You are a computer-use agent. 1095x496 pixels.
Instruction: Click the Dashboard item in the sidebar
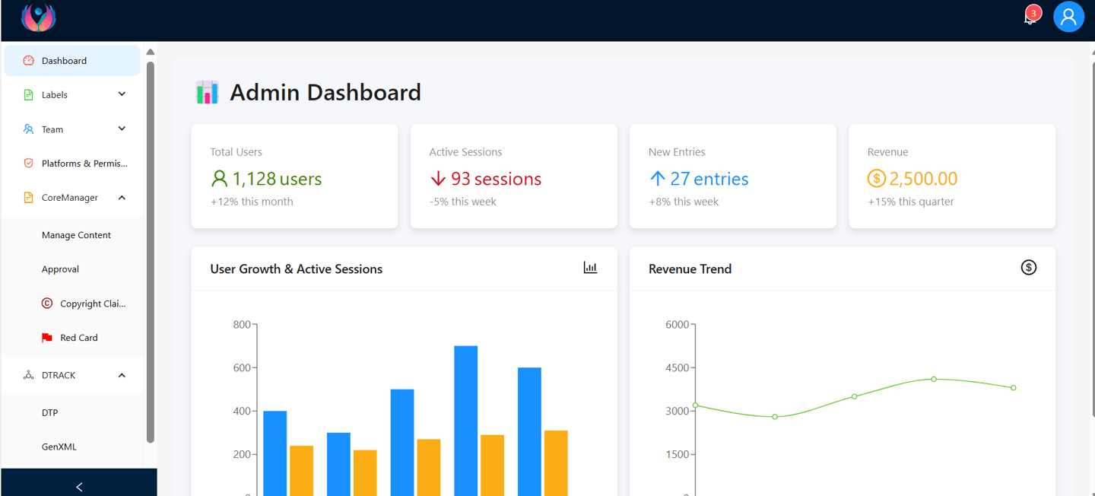[64, 61]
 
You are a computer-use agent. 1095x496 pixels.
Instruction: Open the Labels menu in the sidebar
[55, 95]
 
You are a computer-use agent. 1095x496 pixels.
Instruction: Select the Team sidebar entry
[52, 129]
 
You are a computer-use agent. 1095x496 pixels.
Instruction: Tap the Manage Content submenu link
[76, 235]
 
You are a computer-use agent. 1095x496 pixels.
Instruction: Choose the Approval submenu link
[60, 269]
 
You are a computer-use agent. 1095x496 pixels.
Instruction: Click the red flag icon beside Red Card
[47, 338]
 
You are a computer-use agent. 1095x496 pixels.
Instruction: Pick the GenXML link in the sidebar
[59, 447]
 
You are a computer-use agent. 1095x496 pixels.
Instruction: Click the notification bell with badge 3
[1030, 17]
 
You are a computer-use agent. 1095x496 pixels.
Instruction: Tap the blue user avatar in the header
[1068, 17]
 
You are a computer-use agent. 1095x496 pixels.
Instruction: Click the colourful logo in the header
[38, 17]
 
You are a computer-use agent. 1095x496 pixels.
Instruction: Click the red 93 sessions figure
[496, 179]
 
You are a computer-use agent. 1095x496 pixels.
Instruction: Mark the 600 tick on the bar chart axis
[242, 367]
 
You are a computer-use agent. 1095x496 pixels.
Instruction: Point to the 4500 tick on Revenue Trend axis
[677, 367]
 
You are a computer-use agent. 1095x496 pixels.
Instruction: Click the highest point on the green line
[934, 379]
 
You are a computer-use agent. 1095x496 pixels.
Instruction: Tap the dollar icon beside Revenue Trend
[1028, 267]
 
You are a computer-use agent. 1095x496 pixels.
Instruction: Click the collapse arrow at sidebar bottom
[79, 487]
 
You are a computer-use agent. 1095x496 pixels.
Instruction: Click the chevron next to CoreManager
[122, 198]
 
